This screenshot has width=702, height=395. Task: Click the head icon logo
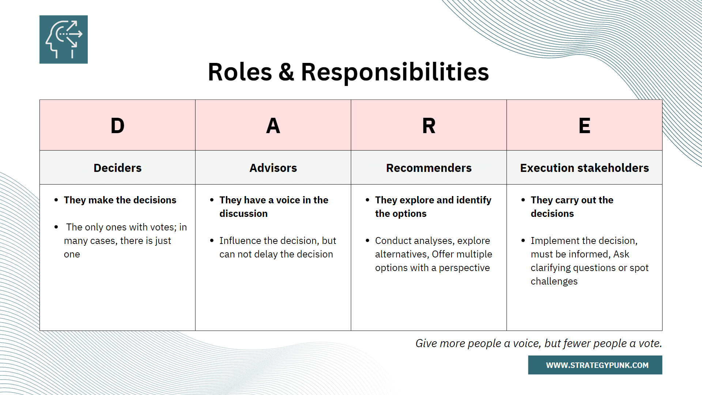click(x=64, y=39)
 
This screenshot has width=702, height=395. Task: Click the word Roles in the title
click(x=239, y=72)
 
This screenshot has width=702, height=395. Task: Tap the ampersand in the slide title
click(x=286, y=72)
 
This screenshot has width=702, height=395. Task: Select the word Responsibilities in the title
click(x=395, y=72)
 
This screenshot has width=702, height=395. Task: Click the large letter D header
click(x=117, y=126)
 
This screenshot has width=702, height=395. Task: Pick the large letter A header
click(x=273, y=126)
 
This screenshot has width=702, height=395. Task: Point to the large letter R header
click(x=429, y=126)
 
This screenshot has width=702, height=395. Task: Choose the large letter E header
click(x=584, y=126)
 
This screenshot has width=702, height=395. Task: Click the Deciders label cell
click(x=117, y=168)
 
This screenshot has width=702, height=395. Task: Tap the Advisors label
click(x=273, y=168)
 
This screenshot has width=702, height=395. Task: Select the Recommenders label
click(x=429, y=168)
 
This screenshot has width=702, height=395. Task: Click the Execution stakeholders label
click(x=584, y=168)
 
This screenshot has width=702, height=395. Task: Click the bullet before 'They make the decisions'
click(x=56, y=200)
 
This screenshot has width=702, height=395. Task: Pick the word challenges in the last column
click(x=554, y=281)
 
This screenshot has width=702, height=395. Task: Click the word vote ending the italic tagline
click(x=649, y=343)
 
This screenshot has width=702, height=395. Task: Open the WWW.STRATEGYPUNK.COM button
click(x=595, y=365)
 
